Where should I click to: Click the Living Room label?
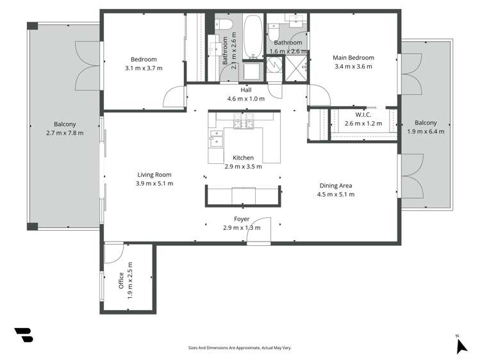click(x=154, y=174)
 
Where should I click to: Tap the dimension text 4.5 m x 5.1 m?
click(x=336, y=195)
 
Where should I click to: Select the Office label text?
click(x=121, y=281)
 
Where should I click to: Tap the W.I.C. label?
click(x=363, y=115)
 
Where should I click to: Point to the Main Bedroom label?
click(x=353, y=58)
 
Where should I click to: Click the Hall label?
click(x=245, y=90)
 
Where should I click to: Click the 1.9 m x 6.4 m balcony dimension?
click(x=426, y=132)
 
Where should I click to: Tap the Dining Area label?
click(x=336, y=186)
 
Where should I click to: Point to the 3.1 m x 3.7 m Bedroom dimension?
click(x=144, y=68)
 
